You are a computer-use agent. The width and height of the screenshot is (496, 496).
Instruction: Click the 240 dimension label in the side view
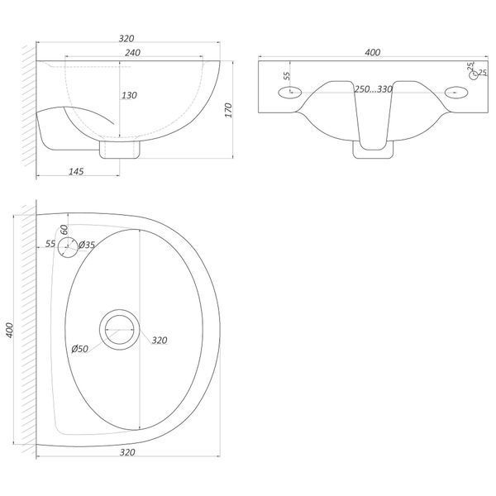click(132, 53)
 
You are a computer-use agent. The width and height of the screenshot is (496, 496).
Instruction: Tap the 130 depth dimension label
click(129, 95)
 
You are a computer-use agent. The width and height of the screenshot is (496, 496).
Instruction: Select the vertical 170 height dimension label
click(228, 110)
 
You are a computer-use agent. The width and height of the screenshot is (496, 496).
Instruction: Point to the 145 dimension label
click(76, 171)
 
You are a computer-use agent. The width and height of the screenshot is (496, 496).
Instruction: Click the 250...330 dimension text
click(374, 89)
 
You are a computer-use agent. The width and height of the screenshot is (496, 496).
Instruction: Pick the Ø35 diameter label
click(86, 245)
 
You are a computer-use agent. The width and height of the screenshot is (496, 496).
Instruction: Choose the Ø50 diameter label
click(79, 349)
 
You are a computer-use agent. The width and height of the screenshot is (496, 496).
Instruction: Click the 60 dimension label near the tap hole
click(64, 229)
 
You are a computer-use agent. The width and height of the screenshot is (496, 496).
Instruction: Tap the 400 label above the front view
click(372, 52)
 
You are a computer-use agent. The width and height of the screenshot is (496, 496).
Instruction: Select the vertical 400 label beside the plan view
click(10, 330)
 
